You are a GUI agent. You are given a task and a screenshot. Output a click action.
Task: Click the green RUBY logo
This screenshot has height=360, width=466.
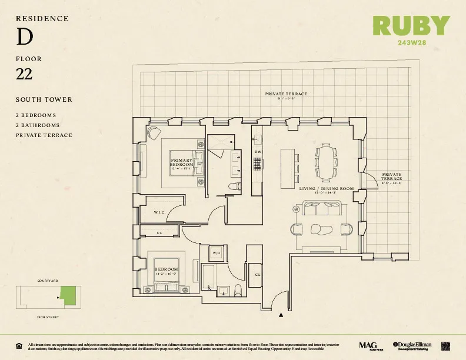click(411, 26)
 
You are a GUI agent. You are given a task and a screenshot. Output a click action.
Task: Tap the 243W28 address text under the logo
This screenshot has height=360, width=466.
click(411, 42)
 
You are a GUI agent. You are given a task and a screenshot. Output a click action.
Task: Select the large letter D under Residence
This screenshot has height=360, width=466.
click(24, 38)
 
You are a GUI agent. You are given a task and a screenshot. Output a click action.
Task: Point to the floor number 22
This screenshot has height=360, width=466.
click(24, 74)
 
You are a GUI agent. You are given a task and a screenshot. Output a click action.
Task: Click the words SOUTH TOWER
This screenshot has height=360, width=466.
click(44, 99)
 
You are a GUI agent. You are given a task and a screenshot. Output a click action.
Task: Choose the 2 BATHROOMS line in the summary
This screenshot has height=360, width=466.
click(38, 125)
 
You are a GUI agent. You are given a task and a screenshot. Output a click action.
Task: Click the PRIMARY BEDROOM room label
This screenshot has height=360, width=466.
click(181, 162)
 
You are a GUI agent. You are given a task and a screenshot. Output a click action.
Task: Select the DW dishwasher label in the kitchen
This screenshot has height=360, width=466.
click(257, 152)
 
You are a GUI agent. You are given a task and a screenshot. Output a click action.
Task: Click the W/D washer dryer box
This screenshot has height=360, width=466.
click(217, 253)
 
